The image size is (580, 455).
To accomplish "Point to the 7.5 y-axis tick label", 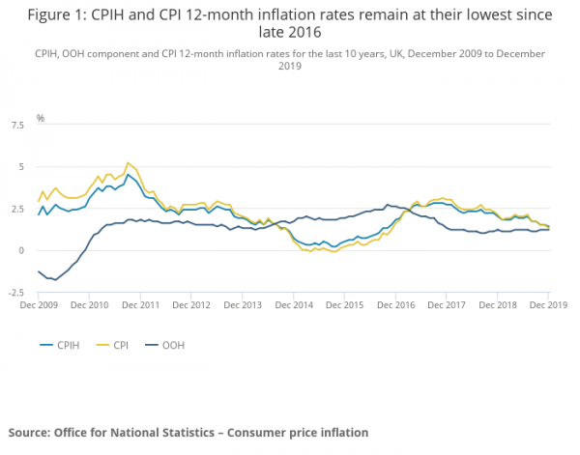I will (x=17, y=125).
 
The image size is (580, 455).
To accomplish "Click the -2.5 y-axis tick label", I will (x=15, y=292).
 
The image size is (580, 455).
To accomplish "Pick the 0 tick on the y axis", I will (x=20, y=250).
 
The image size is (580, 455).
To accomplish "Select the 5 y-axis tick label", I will (x=20, y=167).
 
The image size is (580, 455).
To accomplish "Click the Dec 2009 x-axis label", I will (x=40, y=304).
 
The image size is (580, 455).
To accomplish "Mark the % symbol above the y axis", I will (x=41, y=118).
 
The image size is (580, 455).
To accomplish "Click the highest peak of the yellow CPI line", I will (x=129, y=163).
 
